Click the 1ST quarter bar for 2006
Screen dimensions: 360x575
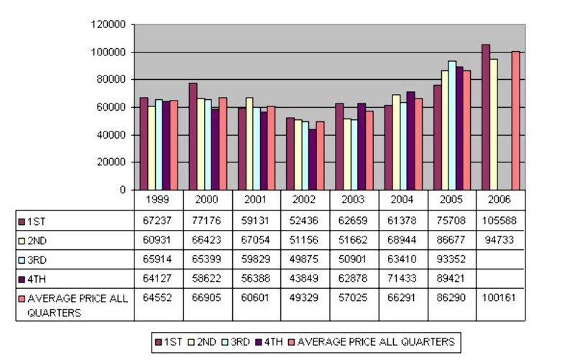tap(486, 117)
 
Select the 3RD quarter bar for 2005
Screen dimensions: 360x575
tap(452, 125)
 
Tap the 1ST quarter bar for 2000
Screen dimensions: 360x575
tap(193, 137)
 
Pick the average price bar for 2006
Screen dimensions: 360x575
tap(515, 121)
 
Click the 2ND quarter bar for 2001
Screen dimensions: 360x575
tap(249, 144)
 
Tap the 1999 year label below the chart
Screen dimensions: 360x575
tap(159, 199)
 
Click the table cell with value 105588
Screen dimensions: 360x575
tap(500, 220)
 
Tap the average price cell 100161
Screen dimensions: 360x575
tap(500, 295)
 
